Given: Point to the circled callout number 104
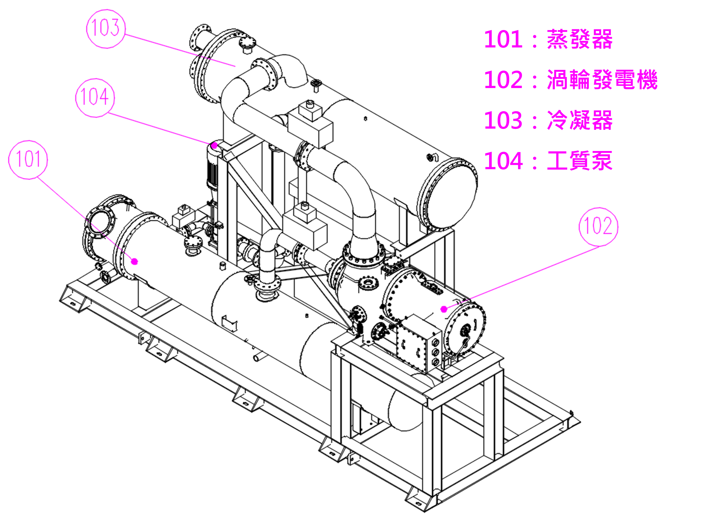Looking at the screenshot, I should pyautogui.click(x=95, y=98).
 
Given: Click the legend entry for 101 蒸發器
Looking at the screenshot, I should pyautogui.click(x=548, y=39).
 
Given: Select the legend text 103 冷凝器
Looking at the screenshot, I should pyautogui.click(x=548, y=120).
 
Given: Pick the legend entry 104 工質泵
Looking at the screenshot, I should pyautogui.click(x=548, y=161).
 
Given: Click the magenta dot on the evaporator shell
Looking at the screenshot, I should pyautogui.click(x=135, y=261).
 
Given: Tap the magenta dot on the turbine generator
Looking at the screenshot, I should pyautogui.click(x=444, y=309).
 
